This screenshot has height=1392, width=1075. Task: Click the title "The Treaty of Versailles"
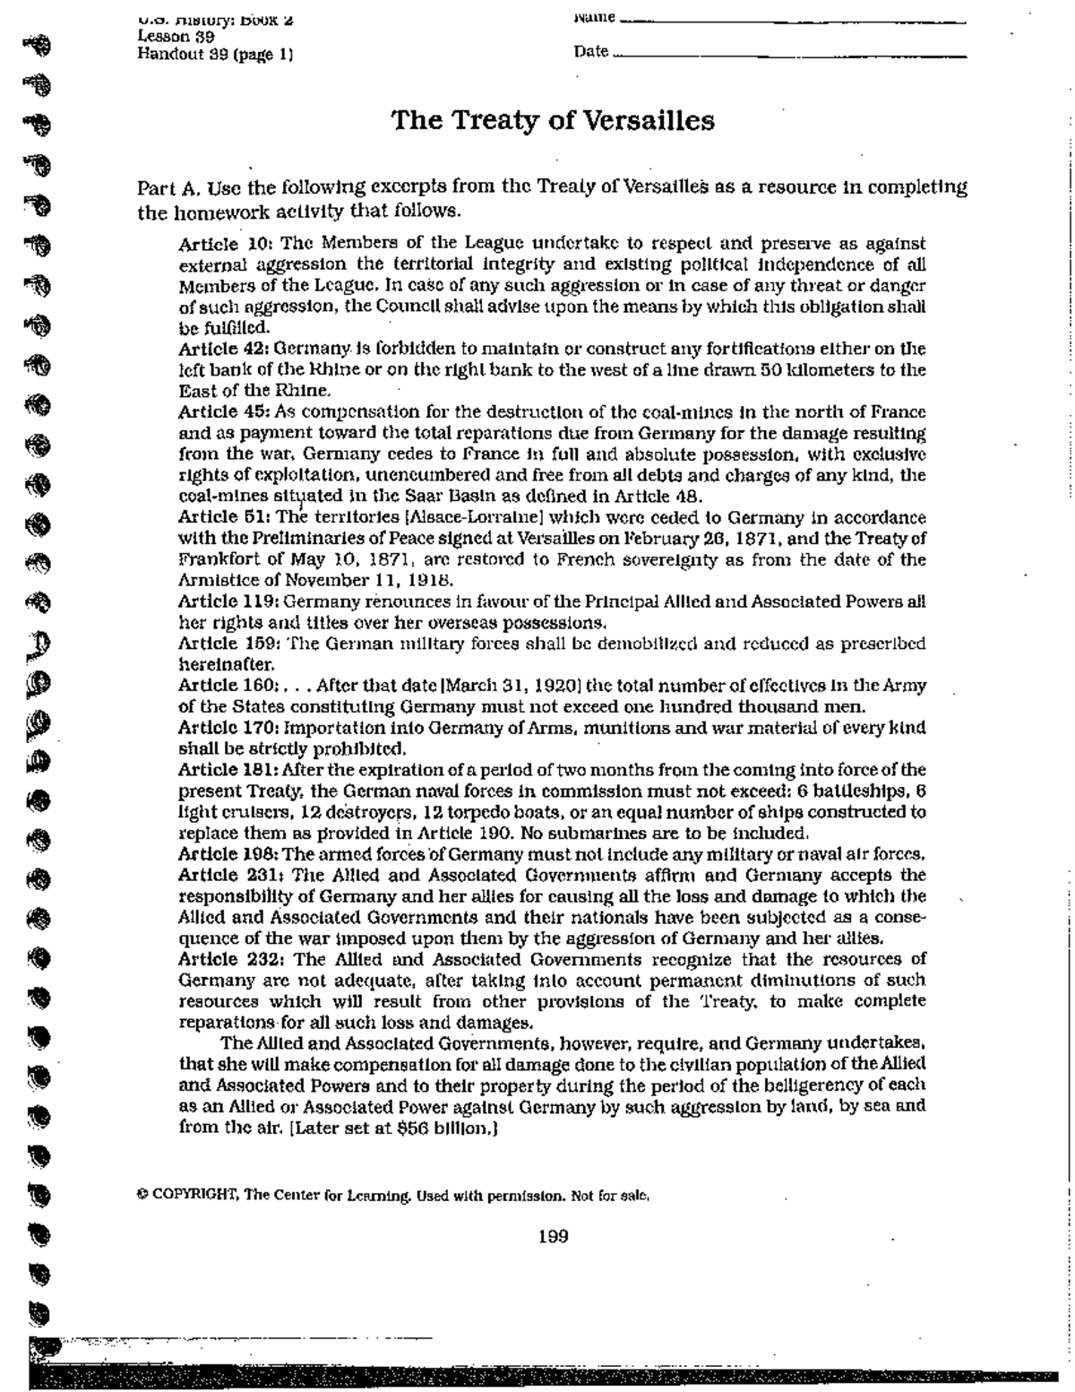(552, 121)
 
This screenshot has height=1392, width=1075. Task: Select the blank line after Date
(788, 56)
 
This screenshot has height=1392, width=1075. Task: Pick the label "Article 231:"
(231, 875)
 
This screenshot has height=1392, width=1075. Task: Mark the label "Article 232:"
(231, 958)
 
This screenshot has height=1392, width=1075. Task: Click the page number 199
(553, 1237)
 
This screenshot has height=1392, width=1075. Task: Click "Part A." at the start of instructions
(166, 189)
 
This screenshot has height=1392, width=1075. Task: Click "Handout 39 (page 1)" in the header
(215, 54)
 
